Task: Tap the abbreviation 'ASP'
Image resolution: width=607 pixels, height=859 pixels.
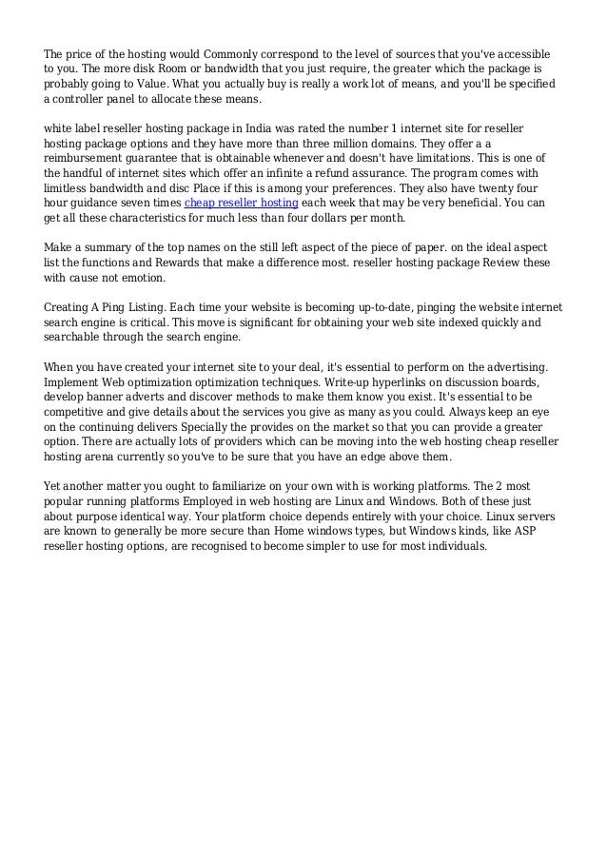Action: (547, 534)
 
